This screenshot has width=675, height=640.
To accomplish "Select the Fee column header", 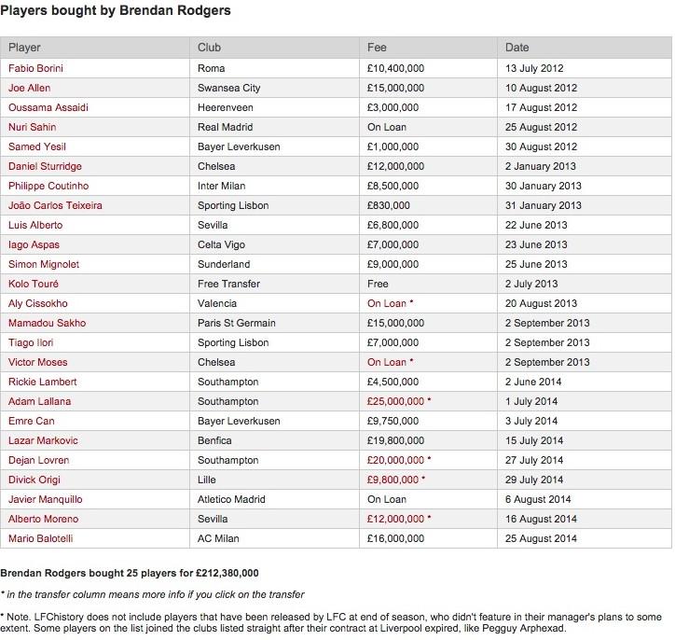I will [377, 48].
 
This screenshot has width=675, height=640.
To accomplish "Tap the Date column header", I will [517, 48].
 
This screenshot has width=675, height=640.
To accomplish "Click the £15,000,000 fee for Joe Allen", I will [395, 88].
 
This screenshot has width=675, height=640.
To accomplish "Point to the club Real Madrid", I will [226, 127].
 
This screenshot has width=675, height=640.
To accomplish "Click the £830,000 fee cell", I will [389, 205].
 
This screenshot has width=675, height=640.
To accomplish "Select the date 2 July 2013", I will [531, 284].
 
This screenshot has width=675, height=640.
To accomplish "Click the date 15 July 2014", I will [535, 440].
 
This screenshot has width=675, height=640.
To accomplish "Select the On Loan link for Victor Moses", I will [386, 362].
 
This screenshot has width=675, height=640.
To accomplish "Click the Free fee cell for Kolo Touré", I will [379, 284].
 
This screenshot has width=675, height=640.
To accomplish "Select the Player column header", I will [24, 48].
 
